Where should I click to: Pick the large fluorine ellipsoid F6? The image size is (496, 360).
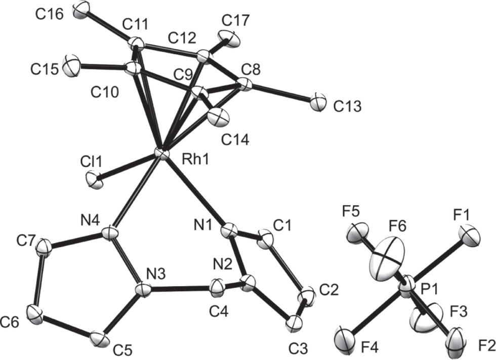pos(387,258)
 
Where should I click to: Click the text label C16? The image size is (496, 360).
pos(50,14)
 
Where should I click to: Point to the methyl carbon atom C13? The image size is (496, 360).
pos(317,102)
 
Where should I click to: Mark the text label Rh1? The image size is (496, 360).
pos(196,160)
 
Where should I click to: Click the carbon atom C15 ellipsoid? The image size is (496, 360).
pos(70,65)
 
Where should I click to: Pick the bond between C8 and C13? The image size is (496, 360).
pos(280,93)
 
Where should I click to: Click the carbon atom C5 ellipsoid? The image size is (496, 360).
pos(98,339)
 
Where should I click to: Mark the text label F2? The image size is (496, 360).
pos(486,346)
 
